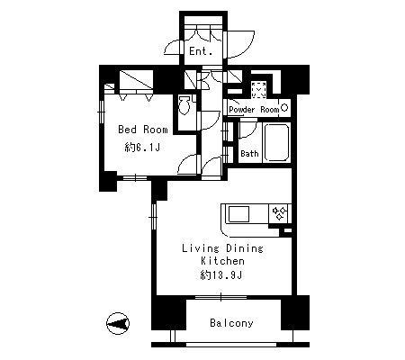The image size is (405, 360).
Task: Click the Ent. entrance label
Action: click(x=201, y=51)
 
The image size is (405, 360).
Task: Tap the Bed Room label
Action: click(x=143, y=130)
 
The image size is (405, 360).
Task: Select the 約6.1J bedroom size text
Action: click(x=142, y=147)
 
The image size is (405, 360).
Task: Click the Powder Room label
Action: click(x=254, y=110)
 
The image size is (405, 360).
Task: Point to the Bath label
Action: click(x=249, y=154)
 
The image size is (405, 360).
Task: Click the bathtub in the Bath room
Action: click(x=276, y=142)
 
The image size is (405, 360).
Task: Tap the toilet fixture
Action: click(x=184, y=105)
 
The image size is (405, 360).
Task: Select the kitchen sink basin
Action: click(x=238, y=214)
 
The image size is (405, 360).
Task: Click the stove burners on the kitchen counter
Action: click(x=280, y=213)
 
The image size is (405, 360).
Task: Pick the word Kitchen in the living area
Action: click(x=222, y=261)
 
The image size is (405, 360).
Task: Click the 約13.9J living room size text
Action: click(x=221, y=275)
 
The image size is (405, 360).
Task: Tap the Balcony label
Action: click(x=231, y=323)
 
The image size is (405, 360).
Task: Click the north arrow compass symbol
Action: click(x=118, y=323)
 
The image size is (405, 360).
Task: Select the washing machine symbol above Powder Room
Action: click(x=258, y=90)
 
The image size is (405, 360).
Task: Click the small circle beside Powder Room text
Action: click(x=284, y=107)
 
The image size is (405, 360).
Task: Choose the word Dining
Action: click(x=245, y=248)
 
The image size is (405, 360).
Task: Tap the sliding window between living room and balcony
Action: click(x=221, y=297)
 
